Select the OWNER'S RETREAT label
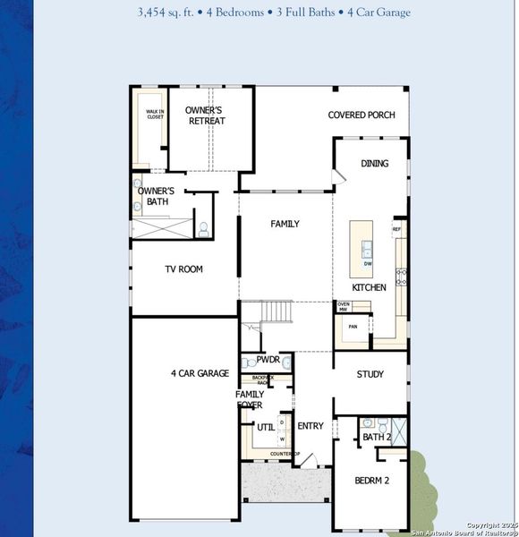pyautogui.click(x=206, y=115)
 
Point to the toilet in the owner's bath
pyautogui.click(x=203, y=229)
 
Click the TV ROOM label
pyautogui.click(x=183, y=268)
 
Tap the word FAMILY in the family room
pyautogui.click(x=285, y=224)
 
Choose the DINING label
pyautogui.click(x=375, y=164)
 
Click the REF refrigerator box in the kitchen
pyautogui.click(x=396, y=230)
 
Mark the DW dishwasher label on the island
pyautogui.click(x=367, y=264)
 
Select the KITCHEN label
pyautogui.click(x=369, y=287)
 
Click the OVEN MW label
pyautogui.click(x=343, y=307)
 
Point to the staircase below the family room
pyautogui.click(x=277, y=312)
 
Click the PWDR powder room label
pyautogui.click(x=268, y=360)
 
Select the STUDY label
pyautogui.click(x=370, y=374)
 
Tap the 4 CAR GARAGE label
pyautogui.click(x=200, y=373)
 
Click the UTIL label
pyautogui.click(x=266, y=428)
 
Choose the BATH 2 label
pyautogui.click(x=377, y=437)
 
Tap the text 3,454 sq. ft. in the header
pyautogui.click(x=171, y=13)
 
